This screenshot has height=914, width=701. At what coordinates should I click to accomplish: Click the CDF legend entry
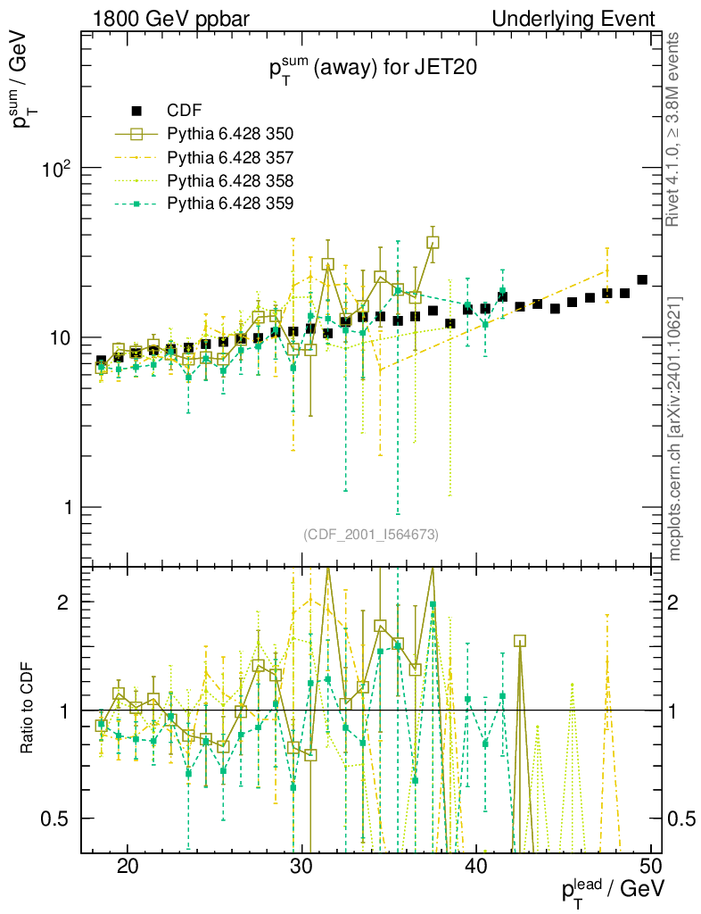185,111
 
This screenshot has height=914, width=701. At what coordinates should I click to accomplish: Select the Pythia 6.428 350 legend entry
230,134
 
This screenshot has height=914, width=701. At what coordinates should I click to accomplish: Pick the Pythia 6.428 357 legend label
230,157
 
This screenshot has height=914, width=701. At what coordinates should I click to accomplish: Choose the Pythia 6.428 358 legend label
230,180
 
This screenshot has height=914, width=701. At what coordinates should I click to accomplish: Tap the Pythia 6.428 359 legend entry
230,204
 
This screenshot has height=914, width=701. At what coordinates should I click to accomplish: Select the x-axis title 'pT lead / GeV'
612,891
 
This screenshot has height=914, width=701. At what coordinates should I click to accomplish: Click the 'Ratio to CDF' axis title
28,710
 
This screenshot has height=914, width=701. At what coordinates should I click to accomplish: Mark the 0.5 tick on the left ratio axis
57,818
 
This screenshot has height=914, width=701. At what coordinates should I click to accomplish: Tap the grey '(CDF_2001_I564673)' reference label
370,534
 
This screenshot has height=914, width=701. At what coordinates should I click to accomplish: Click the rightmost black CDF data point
642,279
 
